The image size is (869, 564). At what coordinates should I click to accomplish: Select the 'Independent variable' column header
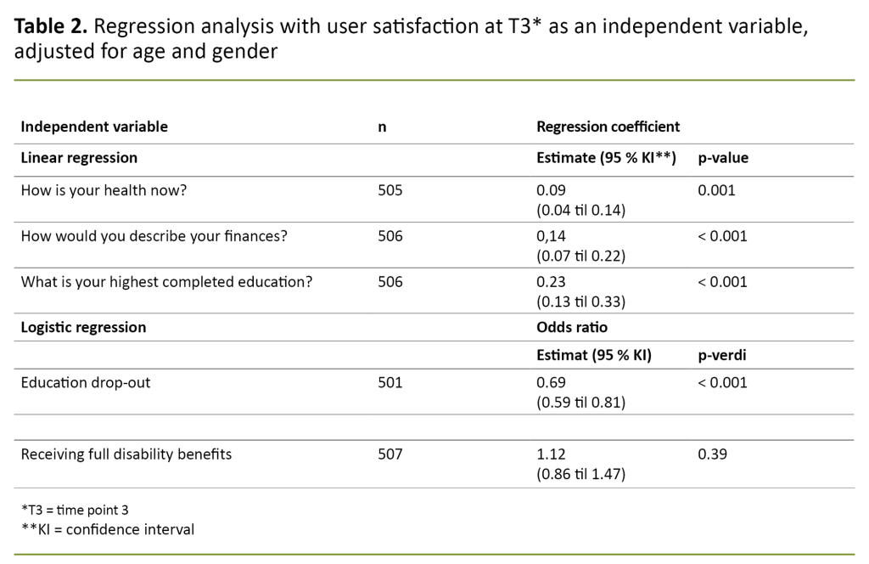tap(94, 127)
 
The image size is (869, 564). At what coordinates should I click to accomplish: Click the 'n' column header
tap(382, 127)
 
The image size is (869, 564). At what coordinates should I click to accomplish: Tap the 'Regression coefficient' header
tap(608, 127)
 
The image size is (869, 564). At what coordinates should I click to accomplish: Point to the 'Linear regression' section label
tap(79, 158)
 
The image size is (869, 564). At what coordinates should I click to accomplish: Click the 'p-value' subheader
tap(722, 158)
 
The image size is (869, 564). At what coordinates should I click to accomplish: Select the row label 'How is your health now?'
tap(104, 190)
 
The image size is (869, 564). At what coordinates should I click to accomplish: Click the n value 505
tap(390, 190)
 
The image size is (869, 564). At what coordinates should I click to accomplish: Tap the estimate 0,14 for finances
tap(551, 235)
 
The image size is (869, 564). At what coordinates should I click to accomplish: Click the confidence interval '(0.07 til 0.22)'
tap(581, 254)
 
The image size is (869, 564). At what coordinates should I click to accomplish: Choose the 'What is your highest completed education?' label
tap(166, 281)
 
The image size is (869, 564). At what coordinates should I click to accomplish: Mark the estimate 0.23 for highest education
tap(551, 281)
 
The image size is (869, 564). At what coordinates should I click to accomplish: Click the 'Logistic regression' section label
tap(83, 327)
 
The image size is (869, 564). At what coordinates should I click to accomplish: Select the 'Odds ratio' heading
tap(572, 327)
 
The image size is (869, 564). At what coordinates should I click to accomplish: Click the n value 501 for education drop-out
tap(390, 382)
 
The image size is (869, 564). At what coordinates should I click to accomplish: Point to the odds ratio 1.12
tap(551, 454)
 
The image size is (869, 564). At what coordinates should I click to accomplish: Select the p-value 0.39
tap(712, 454)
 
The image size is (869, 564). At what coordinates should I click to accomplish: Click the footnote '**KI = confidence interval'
tap(108, 529)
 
